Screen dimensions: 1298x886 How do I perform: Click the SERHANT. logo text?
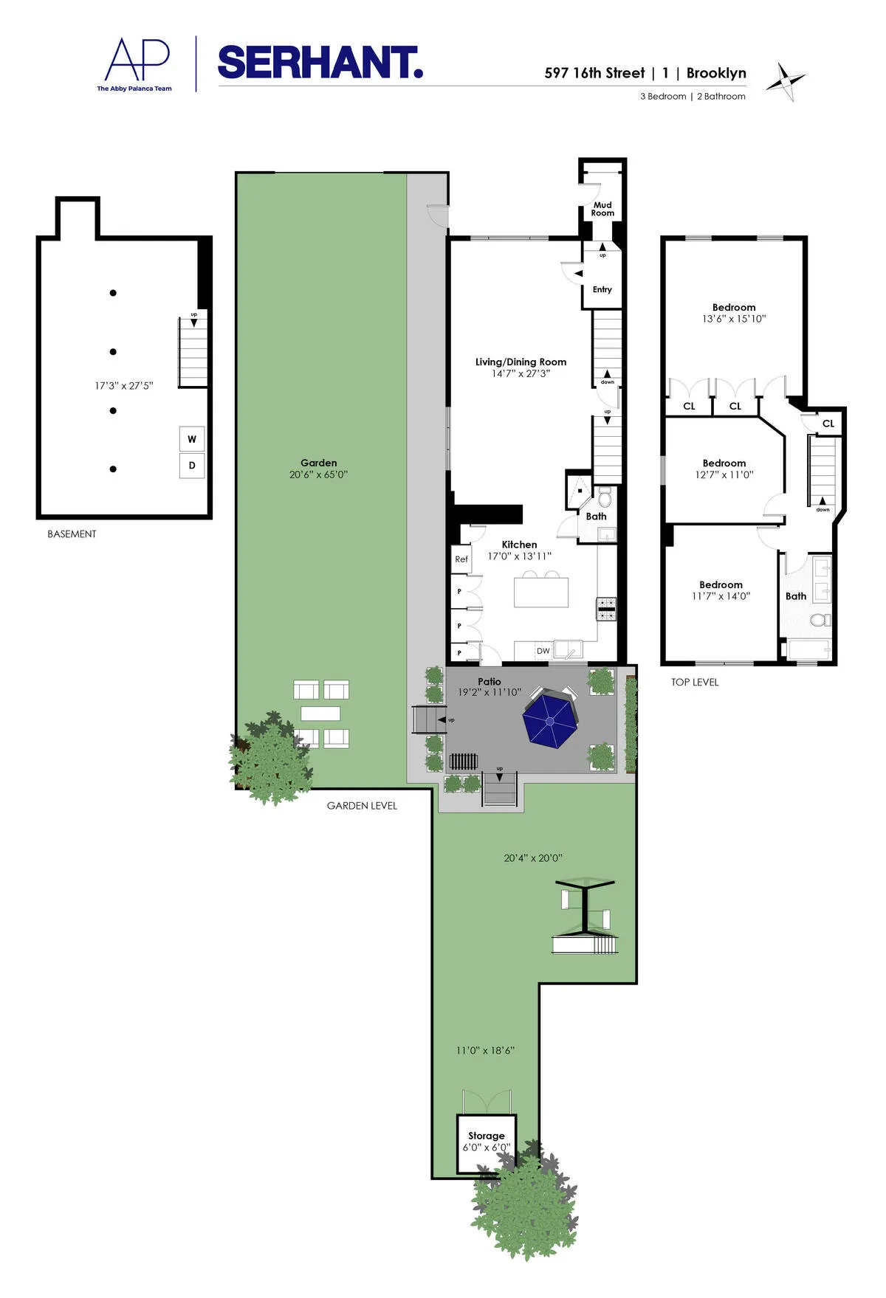320,63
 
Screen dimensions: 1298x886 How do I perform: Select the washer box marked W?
192,439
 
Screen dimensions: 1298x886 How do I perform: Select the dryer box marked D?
192,466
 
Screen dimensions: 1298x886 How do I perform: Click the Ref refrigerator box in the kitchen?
461,559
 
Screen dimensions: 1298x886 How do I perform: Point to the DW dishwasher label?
543,651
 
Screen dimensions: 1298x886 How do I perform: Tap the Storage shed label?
487,1136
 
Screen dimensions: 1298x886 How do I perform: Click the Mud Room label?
602,209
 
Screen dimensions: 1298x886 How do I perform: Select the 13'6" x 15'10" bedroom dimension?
734,319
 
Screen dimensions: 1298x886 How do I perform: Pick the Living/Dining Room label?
521,362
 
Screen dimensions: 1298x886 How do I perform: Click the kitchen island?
541,592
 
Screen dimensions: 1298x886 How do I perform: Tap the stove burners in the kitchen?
606,609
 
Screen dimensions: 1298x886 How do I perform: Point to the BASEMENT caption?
72,534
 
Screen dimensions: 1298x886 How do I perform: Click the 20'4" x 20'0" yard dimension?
533,858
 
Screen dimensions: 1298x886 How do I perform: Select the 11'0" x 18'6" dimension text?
485,1050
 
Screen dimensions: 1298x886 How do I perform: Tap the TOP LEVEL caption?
694,682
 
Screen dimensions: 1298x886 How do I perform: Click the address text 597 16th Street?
594,73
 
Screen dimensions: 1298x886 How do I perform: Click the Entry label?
602,289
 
